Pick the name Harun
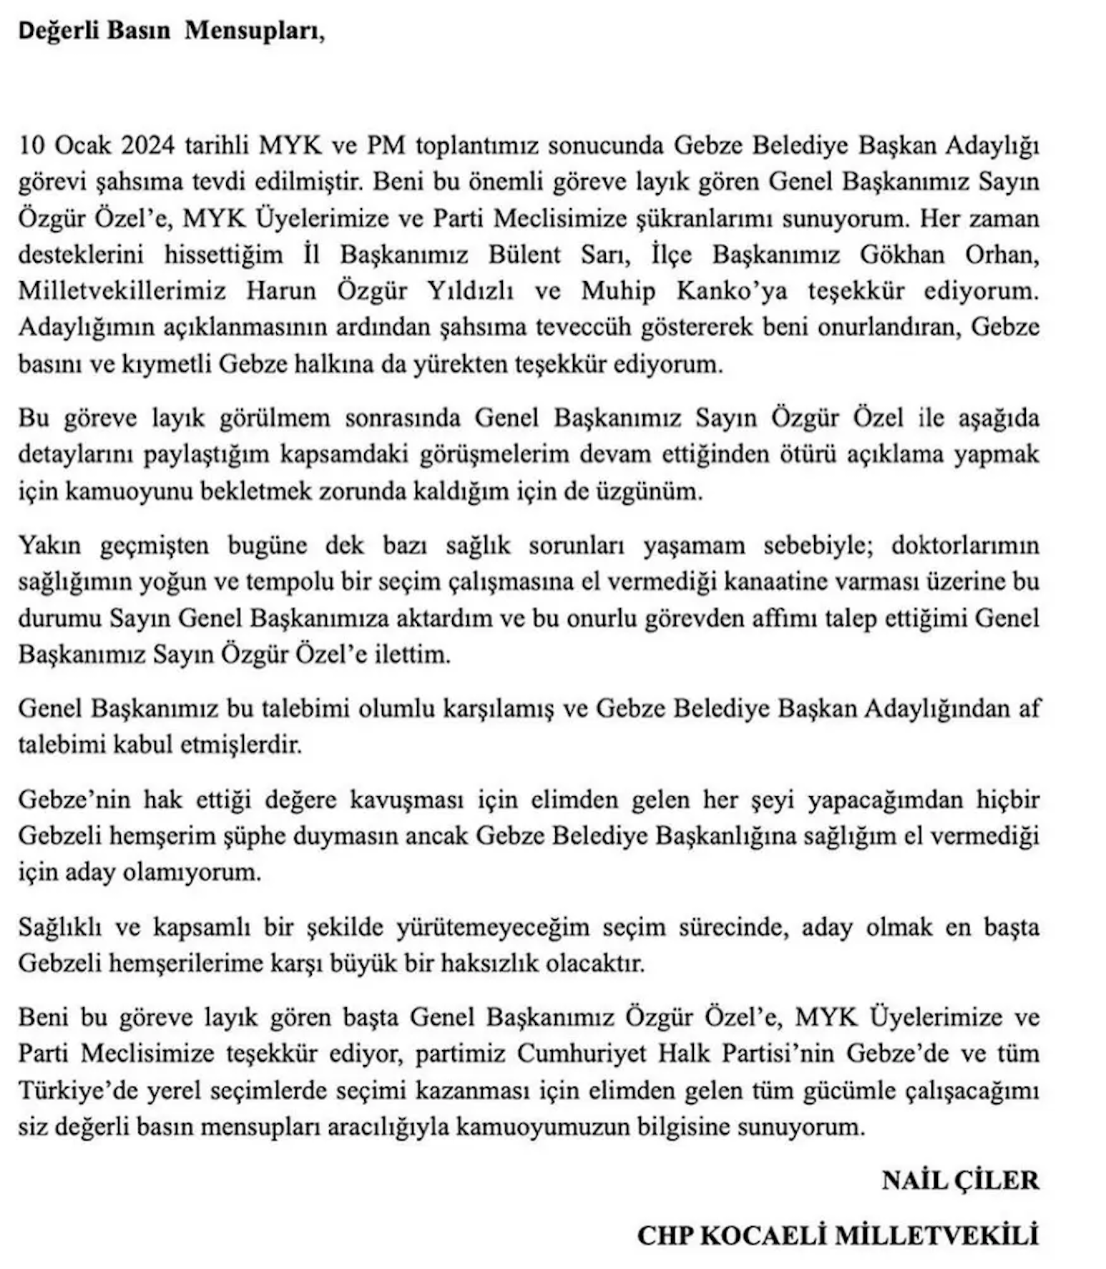pos(281,291)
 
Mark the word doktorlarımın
pos(965,546)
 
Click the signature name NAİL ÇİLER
pos(960,1180)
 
